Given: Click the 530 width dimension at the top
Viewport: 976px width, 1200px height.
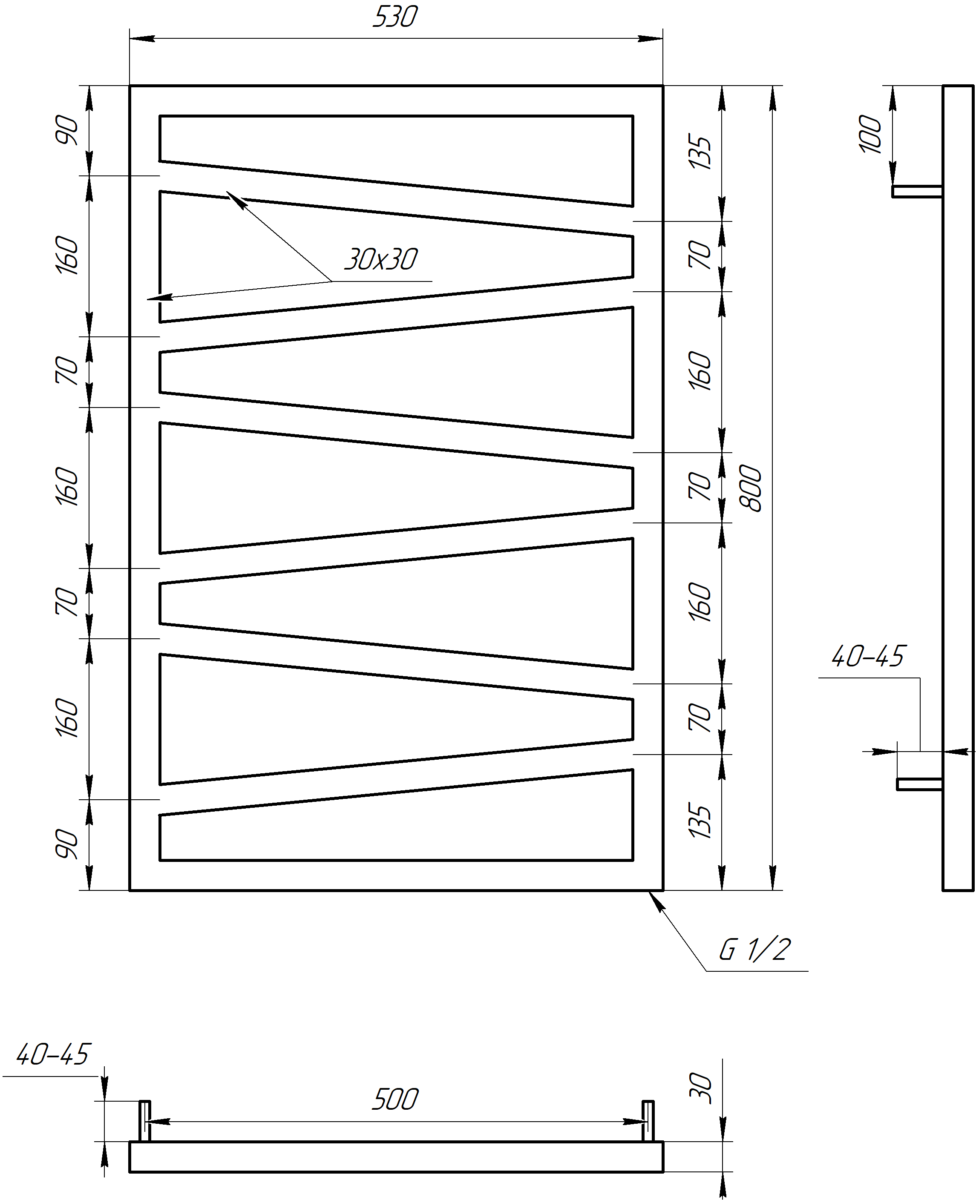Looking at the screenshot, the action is pyautogui.click(x=395, y=17).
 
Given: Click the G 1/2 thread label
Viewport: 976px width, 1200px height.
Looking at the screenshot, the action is pyautogui.click(x=755, y=949).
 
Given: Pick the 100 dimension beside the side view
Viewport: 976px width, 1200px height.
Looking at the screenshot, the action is pyautogui.click(x=870, y=134).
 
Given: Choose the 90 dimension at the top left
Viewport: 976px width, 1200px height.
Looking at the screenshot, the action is pyautogui.click(x=67, y=129).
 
